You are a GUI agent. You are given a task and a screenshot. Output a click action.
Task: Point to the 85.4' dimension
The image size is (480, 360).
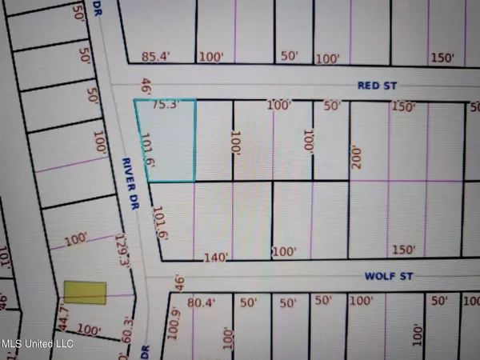[x=157, y=57]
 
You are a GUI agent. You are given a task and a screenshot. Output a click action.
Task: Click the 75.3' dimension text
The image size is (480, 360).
[x=163, y=104]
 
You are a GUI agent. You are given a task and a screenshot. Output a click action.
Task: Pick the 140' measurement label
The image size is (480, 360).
[x=216, y=257]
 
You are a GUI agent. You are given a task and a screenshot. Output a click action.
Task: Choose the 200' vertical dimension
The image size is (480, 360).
[x=357, y=158]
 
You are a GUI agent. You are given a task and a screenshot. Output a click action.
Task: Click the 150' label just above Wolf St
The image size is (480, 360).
[x=404, y=250]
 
